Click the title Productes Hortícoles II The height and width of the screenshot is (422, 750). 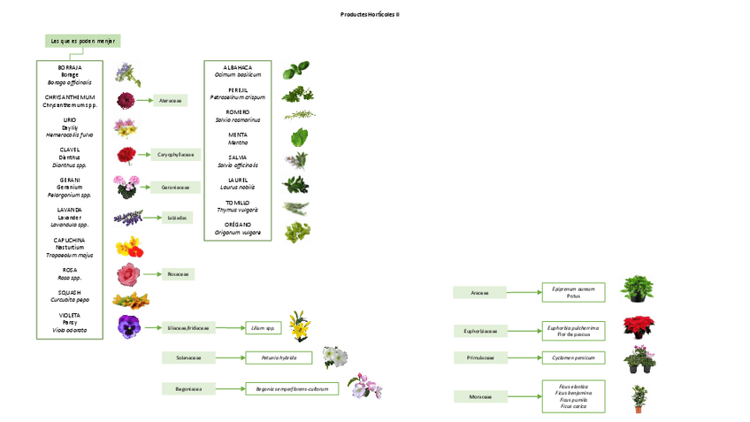click(370, 15)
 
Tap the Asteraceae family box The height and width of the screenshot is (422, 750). click(170, 101)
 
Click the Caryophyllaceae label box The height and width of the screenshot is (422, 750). click(175, 154)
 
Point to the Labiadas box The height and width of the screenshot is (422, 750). click(176, 218)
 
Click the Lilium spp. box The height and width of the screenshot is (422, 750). click(263, 328)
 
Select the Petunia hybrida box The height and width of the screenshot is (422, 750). click(278, 358)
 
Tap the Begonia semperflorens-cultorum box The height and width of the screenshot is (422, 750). click(292, 388)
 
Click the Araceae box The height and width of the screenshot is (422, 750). click(479, 293)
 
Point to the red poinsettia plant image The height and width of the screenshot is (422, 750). click(639, 326)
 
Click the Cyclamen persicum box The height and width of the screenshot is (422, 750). click(573, 358)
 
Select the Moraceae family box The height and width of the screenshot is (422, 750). click(479, 397)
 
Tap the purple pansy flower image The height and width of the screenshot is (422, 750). click(129, 326)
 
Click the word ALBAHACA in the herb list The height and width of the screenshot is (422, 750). click(238, 68)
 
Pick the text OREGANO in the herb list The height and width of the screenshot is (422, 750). click(238, 225)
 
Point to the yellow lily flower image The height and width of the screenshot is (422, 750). click(299, 326)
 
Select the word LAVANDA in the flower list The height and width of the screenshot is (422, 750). click(69, 210)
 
